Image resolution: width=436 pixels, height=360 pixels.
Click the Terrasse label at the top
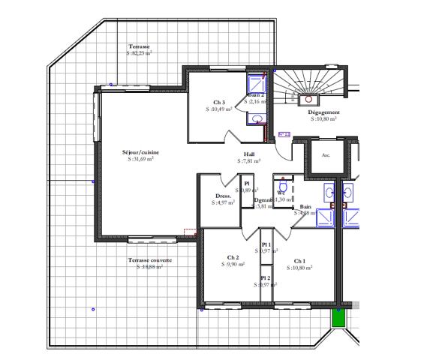[x=139, y=46]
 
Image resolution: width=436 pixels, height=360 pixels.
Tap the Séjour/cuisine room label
[x=141, y=152]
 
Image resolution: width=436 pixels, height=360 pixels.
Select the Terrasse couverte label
[x=149, y=260]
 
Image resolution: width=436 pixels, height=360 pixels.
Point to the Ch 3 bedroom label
[x=219, y=102]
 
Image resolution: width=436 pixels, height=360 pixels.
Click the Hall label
[x=249, y=154]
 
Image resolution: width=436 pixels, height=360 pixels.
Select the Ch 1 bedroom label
[x=299, y=261]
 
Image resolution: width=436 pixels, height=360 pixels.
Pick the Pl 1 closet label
[x=266, y=244]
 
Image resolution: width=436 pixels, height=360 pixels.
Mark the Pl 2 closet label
[x=266, y=278]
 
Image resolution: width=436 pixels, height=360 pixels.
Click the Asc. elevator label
[x=326, y=156]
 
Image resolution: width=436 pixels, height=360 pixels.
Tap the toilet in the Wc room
[x=283, y=186]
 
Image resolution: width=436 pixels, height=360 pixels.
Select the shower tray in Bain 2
[x=256, y=84]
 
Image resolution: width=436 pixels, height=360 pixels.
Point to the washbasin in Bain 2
[x=257, y=118]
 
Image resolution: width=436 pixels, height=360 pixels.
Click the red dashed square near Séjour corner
[x=189, y=233]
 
